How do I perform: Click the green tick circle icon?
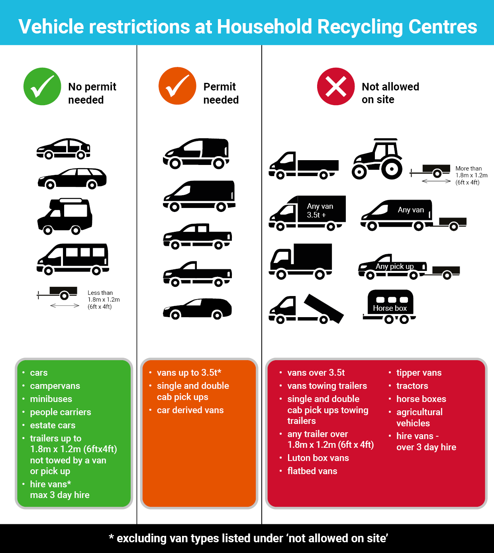pos(42,86)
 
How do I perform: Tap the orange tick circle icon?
pos(177,86)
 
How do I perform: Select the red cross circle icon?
pos(336,86)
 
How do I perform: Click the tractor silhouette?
pos(377,159)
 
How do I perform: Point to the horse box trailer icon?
pos(389,306)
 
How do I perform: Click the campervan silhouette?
pos(65,216)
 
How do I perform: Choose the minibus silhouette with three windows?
pos(73,259)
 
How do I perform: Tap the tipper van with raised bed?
pos(306,309)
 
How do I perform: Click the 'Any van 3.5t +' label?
pos(320,210)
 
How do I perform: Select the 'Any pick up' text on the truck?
pos(394,266)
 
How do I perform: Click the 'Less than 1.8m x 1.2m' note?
pos(104,300)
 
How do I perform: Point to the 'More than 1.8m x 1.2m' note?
pos(471,175)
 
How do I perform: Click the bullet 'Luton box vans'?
pos(318,458)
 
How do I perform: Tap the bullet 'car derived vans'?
pos(190,410)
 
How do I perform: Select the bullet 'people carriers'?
pos(60,412)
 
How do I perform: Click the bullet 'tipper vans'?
pos(419,373)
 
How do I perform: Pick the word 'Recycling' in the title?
pos(360,27)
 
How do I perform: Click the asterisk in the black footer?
pos(111,536)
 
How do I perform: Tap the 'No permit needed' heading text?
pos(92,93)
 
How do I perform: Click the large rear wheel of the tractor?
pos(392,169)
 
